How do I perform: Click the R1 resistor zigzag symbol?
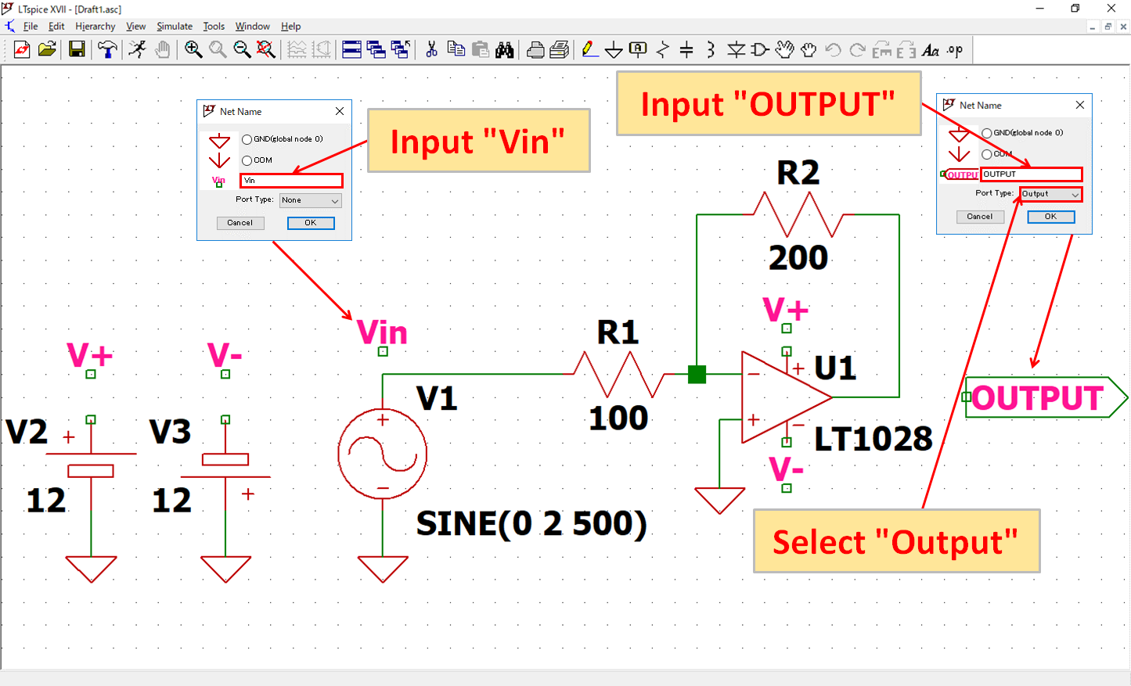coord(618,374)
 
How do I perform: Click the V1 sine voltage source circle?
coord(383,454)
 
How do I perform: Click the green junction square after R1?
coord(697,375)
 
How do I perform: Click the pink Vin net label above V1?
coord(382,332)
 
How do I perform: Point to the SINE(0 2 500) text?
coord(531,523)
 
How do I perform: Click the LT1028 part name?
coord(873,439)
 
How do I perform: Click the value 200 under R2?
coord(798,257)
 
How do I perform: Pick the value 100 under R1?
coord(618,418)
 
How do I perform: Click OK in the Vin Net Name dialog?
coord(310,223)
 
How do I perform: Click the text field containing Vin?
coord(291,181)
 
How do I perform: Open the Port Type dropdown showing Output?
coord(1050,194)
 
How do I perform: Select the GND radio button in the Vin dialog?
coord(247,139)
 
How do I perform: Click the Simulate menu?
coord(174,26)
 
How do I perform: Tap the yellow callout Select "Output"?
coord(896,541)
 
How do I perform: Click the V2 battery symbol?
coord(91,462)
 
